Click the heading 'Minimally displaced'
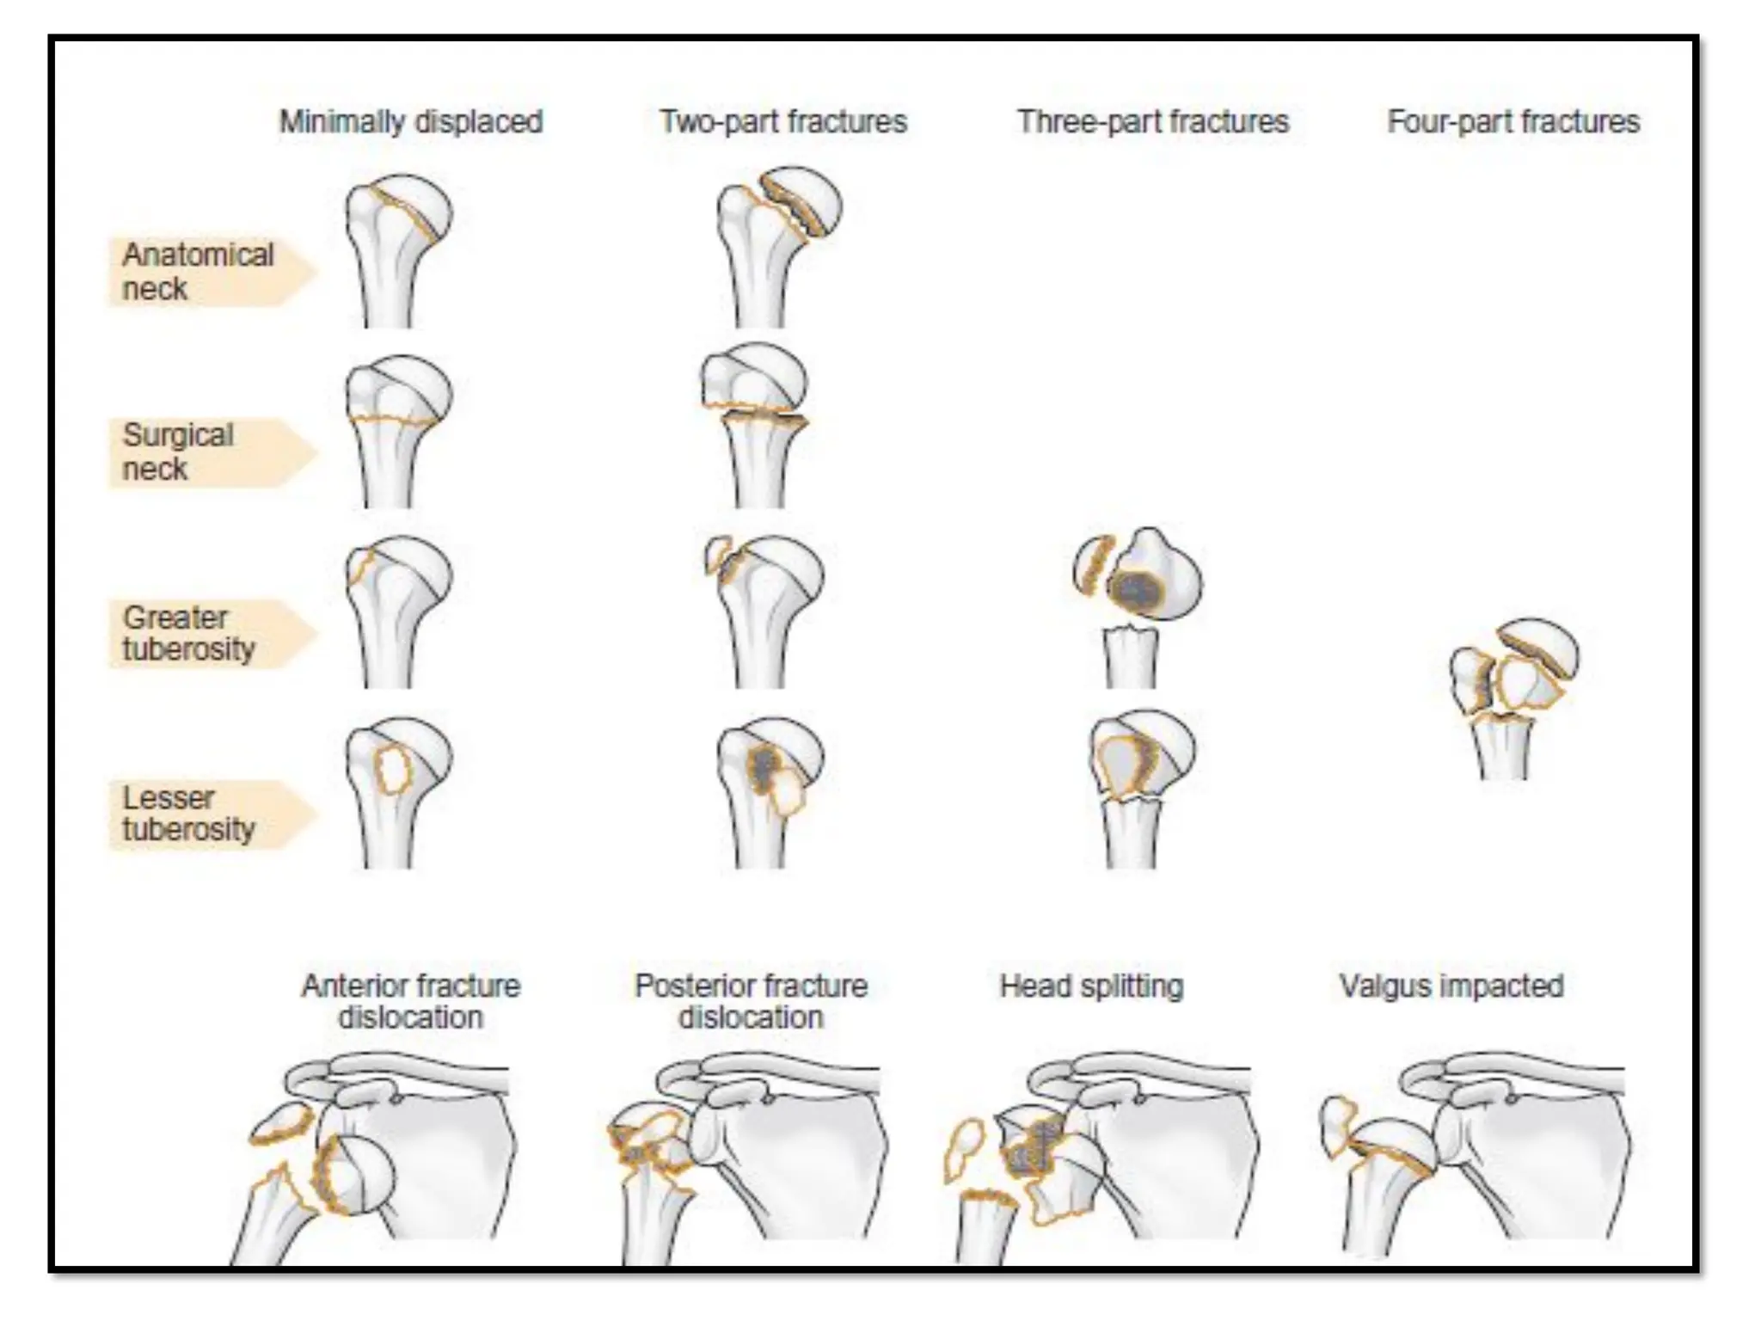[411, 122]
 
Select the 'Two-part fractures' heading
[782, 122]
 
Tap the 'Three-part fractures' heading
[1153, 122]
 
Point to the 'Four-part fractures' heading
[1513, 122]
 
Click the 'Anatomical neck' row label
[198, 272]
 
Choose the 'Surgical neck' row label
[179, 452]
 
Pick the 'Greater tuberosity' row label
[189, 633]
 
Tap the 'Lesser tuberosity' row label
[189, 814]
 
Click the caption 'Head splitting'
[1091, 986]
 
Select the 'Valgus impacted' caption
[1451, 986]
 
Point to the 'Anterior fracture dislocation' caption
[411, 1001]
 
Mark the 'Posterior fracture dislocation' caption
[751, 1001]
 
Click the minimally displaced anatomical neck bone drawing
[395, 249]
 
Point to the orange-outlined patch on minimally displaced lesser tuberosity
[394, 770]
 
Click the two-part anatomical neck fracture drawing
[774, 245]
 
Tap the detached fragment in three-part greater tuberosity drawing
[1094, 565]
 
